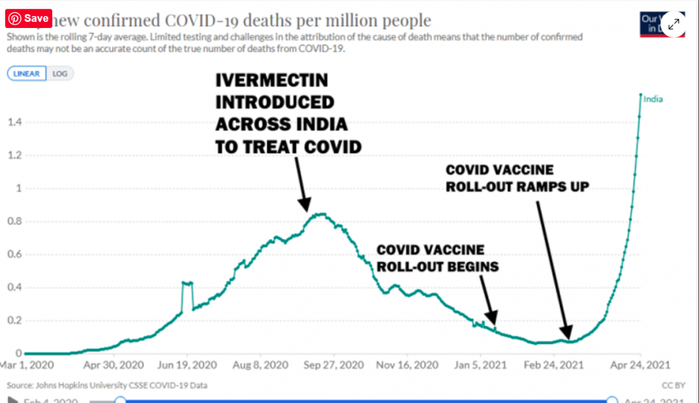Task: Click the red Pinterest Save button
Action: tap(30, 19)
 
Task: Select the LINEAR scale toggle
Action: tap(26, 74)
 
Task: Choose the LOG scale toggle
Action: tap(59, 74)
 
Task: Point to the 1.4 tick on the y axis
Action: tap(15, 122)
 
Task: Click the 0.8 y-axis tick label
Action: tap(15, 222)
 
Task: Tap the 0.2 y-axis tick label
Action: tap(15, 320)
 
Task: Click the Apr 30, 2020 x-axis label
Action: tap(113, 365)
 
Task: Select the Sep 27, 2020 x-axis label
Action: tap(334, 365)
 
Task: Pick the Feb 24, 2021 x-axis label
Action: tap(554, 365)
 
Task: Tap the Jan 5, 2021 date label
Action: tap(481, 365)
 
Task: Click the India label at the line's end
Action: tap(653, 99)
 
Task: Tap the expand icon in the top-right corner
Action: tap(673, 24)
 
